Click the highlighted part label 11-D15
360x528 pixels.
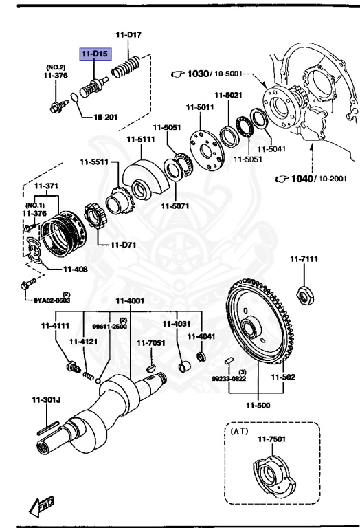pyautogui.click(x=95, y=53)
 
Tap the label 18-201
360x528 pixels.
pyautogui.click(x=106, y=117)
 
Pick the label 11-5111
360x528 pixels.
pyautogui.click(x=140, y=140)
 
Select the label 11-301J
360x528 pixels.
pyautogui.click(x=45, y=399)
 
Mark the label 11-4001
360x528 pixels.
pyautogui.click(x=129, y=300)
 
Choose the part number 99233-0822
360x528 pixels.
pyautogui.click(x=227, y=377)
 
